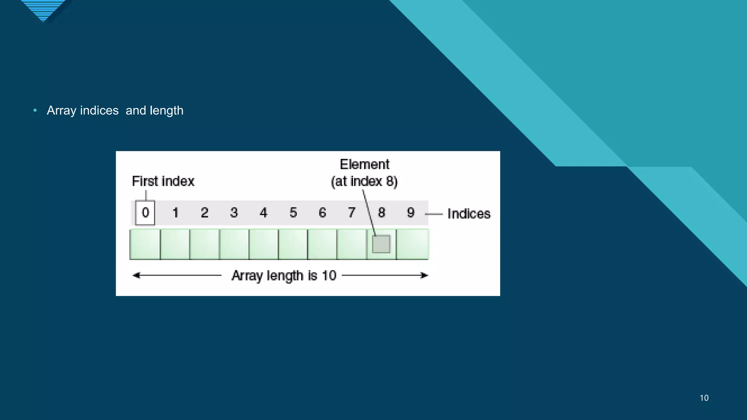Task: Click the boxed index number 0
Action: coord(145,213)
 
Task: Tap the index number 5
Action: coord(293,213)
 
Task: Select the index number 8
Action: coord(382,213)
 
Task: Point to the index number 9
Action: coord(411,213)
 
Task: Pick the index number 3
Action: coord(234,213)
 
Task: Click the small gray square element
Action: coord(381,244)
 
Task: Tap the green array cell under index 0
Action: coord(145,244)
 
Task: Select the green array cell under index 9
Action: coord(413,244)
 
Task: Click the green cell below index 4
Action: coord(263,244)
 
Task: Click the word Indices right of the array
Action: coord(469,214)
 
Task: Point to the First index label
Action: coord(163,181)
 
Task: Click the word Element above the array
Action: coord(365,164)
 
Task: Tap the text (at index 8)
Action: coord(364,181)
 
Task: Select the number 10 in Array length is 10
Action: coord(329,276)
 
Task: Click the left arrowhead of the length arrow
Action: coord(136,275)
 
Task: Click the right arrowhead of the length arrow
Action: coord(425,275)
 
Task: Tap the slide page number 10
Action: coord(704,398)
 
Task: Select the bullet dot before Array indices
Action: coord(35,110)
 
